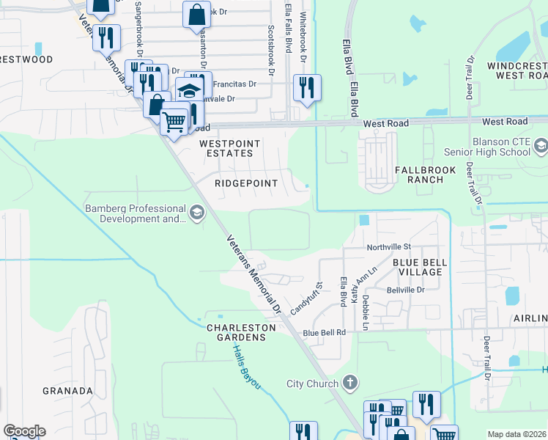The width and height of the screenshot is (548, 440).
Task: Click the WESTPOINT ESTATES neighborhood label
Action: tap(226, 148)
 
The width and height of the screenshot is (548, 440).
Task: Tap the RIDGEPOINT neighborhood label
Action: tap(245, 183)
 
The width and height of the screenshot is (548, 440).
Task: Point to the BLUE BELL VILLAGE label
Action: tap(418, 267)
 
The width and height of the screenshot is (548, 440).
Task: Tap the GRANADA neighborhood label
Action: tap(67, 391)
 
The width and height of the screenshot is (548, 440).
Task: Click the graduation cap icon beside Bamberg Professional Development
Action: tap(196, 213)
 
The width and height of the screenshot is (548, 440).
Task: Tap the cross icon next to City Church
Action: tap(350, 383)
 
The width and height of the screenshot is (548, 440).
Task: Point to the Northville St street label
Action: tap(389, 248)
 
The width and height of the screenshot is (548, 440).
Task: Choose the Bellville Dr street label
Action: tap(405, 290)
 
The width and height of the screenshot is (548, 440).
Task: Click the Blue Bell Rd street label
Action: tap(324, 332)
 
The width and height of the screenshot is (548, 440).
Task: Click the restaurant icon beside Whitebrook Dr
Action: tap(306, 88)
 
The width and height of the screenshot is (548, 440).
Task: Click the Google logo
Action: tap(24, 431)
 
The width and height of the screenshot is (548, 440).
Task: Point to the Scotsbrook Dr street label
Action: tap(271, 51)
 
